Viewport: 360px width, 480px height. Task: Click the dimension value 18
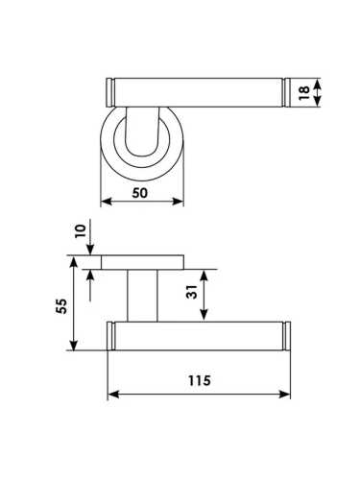click(x=304, y=92)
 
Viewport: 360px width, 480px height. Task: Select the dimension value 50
click(x=140, y=193)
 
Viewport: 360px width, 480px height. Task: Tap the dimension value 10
click(x=81, y=230)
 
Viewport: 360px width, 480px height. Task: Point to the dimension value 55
click(x=61, y=306)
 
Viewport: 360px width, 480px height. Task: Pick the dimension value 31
click(x=192, y=292)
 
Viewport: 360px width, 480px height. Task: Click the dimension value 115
click(x=199, y=380)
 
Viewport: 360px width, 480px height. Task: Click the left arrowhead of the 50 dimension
click(x=106, y=202)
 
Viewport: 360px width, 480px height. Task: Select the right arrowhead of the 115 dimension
click(x=284, y=395)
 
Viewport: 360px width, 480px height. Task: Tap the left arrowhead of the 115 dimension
click(x=113, y=395)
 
